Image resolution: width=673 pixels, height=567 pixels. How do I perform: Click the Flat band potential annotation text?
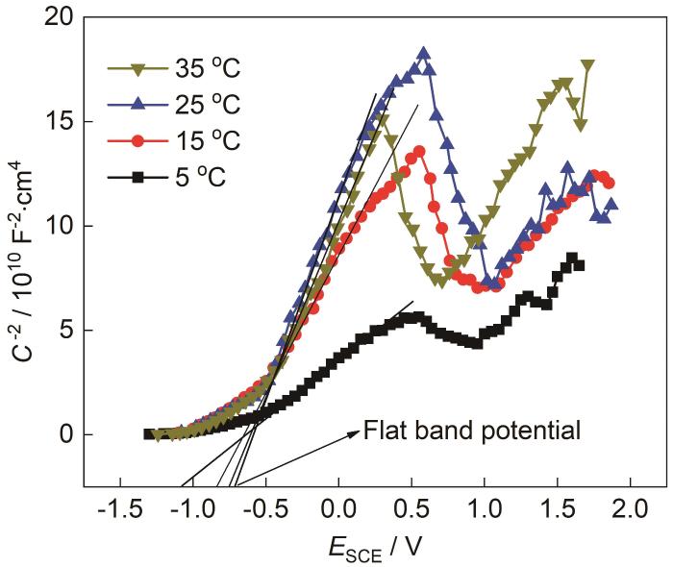coord(472,430)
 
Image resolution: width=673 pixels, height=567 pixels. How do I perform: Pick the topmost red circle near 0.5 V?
coord(419,152)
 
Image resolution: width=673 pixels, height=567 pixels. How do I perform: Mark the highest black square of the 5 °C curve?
coord(572,258)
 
